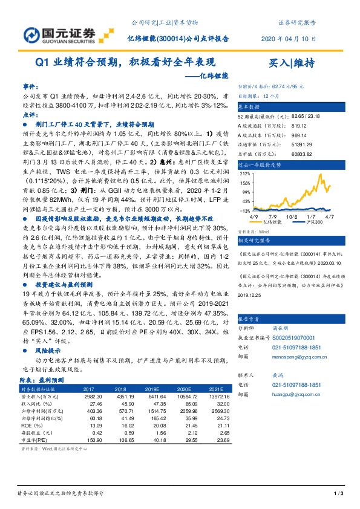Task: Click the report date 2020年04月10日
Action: coord(284,38)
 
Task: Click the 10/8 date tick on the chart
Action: coord(292,215)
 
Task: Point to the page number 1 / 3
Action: coord(338,494)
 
